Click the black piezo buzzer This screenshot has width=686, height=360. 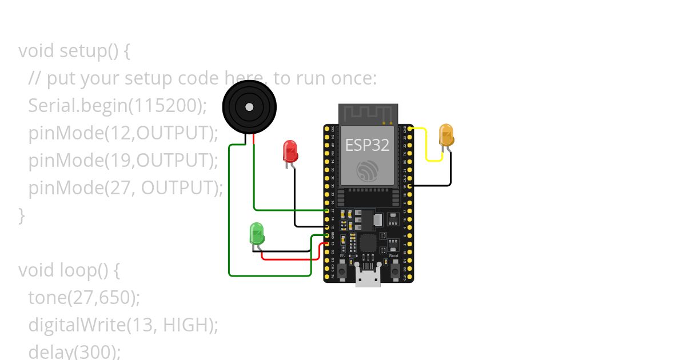tap(249, 106)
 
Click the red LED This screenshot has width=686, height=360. tap(290, 151)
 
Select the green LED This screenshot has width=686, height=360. tap(257, 234)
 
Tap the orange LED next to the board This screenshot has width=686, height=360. tap(446, 135)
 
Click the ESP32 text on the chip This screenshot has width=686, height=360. tap(367, 145)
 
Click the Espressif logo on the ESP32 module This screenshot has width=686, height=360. tap(367, 171)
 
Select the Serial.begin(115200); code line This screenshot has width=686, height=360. tap(117, 106)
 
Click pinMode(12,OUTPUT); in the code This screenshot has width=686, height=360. tap(123, 133)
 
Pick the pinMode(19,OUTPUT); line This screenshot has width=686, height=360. tap(123, 161)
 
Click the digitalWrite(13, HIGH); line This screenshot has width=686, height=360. tap(123, 325)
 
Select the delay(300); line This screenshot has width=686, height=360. tap(74, 351)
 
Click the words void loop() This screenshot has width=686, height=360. tap(69, 270)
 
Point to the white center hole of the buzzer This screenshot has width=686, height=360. tap(249, 107)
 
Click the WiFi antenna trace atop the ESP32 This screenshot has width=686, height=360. tap(367, 114)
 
